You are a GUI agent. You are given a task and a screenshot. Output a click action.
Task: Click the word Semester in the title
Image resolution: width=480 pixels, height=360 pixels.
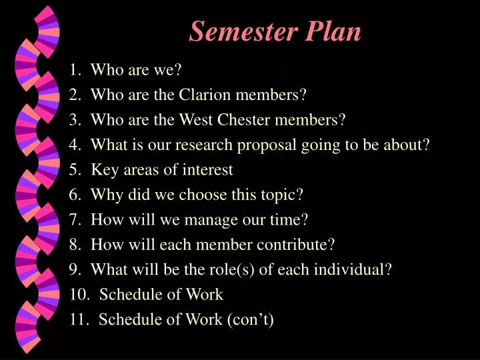click(244, 31)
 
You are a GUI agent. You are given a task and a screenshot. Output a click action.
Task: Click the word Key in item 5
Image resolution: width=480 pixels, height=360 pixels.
click(103, 169)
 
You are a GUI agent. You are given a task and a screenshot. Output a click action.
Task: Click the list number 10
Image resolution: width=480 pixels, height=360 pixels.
click(77, 294)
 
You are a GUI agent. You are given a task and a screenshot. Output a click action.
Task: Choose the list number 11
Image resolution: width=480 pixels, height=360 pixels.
click(77, 319)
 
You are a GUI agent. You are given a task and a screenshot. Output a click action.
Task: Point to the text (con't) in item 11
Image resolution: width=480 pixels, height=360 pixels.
click(251, 319)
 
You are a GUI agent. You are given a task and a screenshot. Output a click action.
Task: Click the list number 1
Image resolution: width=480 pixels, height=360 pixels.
click(73, 70)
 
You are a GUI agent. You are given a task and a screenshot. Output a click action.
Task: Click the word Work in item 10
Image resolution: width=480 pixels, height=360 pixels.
click(205, 294)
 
